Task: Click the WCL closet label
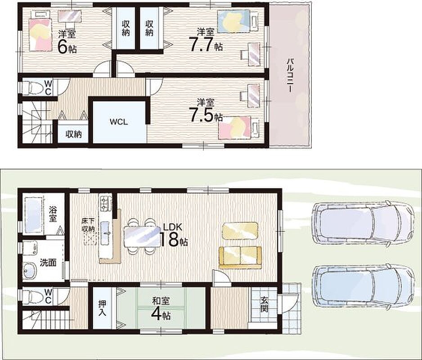[x=119, y=121]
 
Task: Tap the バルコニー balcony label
[x=290, y=75]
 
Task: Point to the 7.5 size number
[x=201, y=115]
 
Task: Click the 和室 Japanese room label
[x=161, y=301]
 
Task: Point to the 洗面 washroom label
[x=48, y=262]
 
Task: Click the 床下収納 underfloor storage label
[x=88, y=225]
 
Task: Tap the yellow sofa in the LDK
[x=240, y=258]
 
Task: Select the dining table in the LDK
[x=142, y=236]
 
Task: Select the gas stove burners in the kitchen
[x=105, y=202]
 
